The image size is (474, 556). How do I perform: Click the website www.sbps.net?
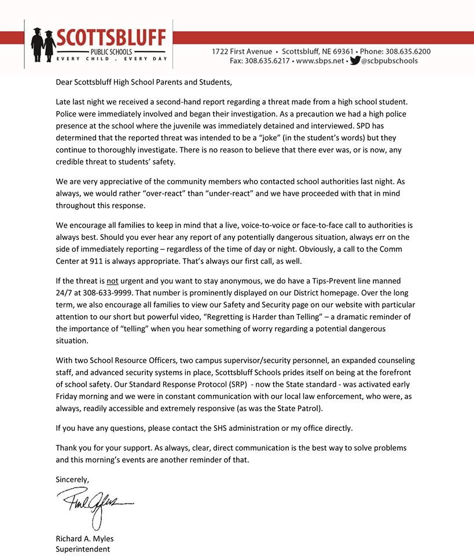(x=319, y=60)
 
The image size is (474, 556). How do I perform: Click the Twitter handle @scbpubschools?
(x=389, y=60)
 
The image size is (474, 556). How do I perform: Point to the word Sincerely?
(x=72, y=479)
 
